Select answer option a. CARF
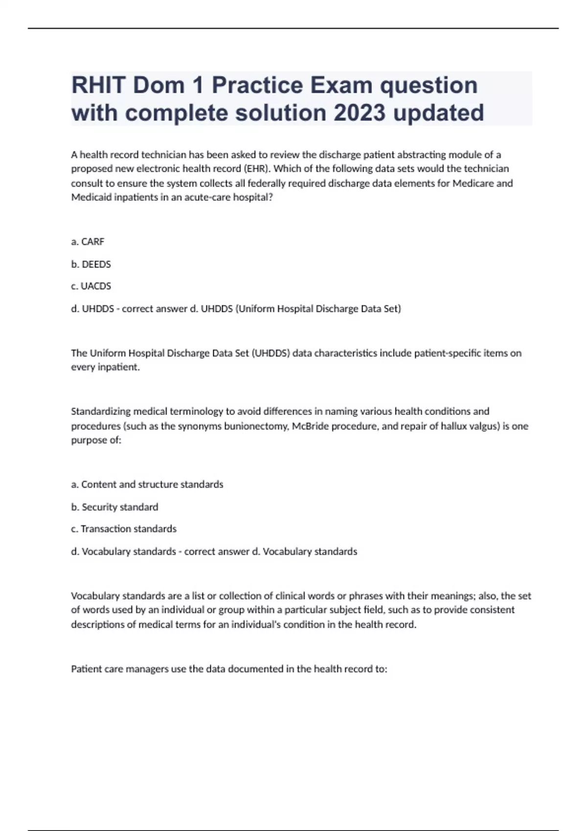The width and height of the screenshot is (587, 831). point(88,241)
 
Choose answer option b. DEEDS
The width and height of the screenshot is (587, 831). point(91,264)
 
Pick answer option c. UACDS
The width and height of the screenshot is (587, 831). point(91,286)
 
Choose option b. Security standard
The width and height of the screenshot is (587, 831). point(114,507)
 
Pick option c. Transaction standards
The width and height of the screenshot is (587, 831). point(124,529)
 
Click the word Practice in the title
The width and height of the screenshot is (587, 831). point(257,86)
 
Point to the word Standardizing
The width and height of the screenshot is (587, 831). point(101,411)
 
